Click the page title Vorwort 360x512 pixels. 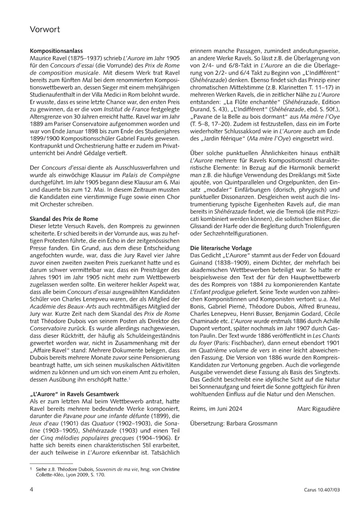coord(45,30)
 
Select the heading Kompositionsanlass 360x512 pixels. coord(56,51)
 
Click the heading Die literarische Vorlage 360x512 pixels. coord(221,248)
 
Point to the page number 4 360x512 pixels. coord(32,490)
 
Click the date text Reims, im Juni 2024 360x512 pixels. coord(216,409)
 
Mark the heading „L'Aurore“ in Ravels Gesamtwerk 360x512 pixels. coord(74,394)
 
